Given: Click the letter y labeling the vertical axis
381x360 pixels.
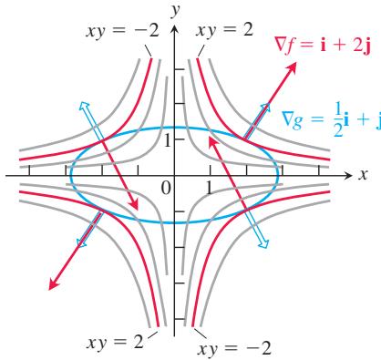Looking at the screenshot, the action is [175, 12].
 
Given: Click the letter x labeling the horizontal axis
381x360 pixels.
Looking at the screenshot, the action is [363, 175].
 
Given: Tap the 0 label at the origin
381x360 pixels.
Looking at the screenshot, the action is [166, 188].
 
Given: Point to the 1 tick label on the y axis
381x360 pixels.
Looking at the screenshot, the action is [167, 140].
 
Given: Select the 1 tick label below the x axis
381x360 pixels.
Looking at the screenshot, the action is [209, 188].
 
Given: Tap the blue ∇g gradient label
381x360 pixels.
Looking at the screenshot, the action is [331, 119].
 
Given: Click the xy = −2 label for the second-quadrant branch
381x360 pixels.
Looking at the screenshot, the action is [122, 31].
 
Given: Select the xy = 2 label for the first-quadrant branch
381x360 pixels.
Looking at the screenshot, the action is [224, 30].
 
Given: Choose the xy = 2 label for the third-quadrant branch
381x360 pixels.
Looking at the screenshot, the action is [115, 343].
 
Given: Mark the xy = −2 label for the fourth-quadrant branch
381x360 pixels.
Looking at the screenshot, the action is [234, 348].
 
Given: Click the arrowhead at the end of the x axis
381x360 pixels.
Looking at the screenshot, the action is [348, 175].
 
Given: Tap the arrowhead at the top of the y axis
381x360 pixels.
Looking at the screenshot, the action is [174, 29].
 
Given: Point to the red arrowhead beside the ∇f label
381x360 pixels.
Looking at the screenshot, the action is [292, 67].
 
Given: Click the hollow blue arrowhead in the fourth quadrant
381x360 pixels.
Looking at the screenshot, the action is [264, 243].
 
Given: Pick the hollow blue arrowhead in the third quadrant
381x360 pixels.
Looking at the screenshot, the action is [81, 242].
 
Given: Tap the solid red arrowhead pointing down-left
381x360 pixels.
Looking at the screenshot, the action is [54, 283].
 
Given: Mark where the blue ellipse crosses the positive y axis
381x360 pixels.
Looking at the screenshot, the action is [174, 128].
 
